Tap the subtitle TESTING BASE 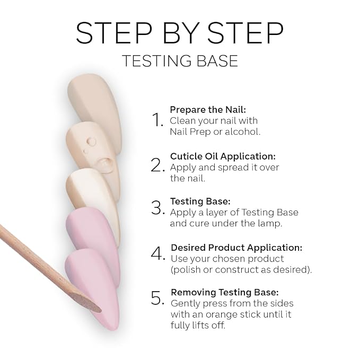coord(180,61)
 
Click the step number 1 coord(157,120)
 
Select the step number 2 coord(157,165)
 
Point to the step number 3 coord(157,207)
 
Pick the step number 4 coord(158,253)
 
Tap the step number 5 coord(157,298)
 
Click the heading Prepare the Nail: coord(208,110)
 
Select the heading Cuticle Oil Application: coord(223,156)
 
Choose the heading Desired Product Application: coord(236,248)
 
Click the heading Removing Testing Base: coord(225,292)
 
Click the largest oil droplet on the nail coord(105,163)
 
